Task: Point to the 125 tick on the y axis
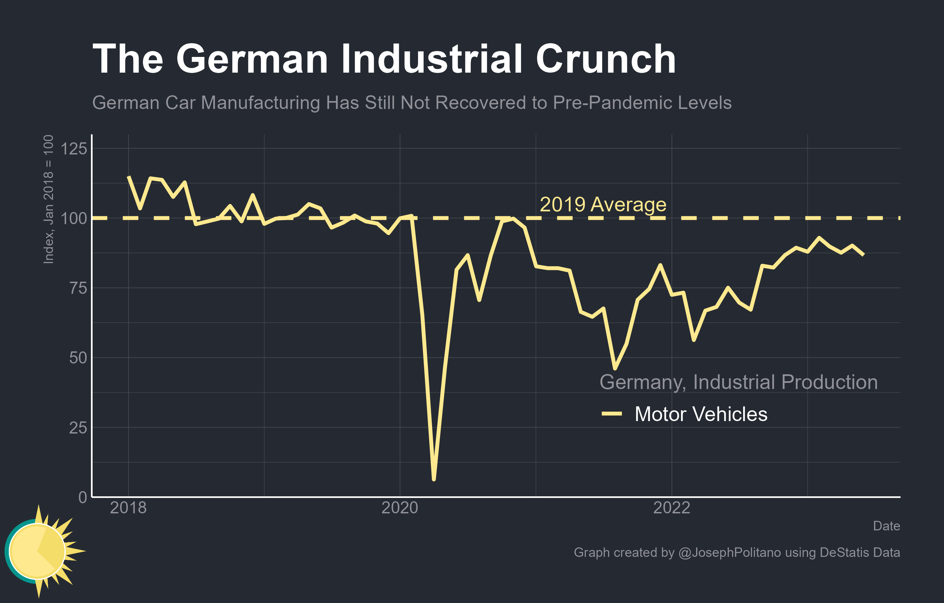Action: pyautogui.click(x=74, y=149)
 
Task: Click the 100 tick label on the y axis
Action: pyautogui.click(x=74, y=218)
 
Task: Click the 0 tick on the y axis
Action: pyautogui.click(x=83, y=497)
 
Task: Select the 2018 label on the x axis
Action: pyautogui.click(x=128, y=508)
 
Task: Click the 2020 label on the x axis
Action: pyautogui.click(x=400, y=508)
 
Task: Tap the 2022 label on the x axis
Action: pyautogui.click(x=672, y=508)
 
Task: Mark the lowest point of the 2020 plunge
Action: pyautogui.click(x=434, y=479)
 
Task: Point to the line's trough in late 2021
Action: pyautogui.click(x=615, y=368)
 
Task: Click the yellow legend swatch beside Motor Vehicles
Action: pyautogui.click(x=612, y=414)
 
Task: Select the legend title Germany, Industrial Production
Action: pyautogui.click(x=738, y=382)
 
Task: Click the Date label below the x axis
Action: pyautogui.click(x=886, y=526)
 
